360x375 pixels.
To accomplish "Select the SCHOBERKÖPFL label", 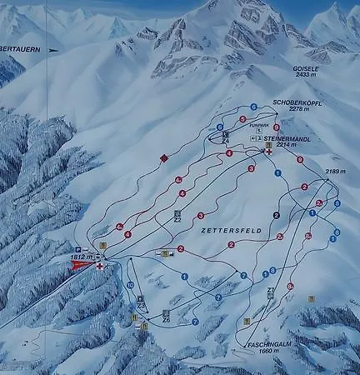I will [x=297, y=101].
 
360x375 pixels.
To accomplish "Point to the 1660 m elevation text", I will [x=272, y=352].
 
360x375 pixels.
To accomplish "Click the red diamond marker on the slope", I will [x=164, y=157].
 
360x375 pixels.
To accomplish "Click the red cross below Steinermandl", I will [x=268, y=155].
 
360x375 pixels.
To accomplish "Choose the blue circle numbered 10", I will [x=130, y=285].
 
